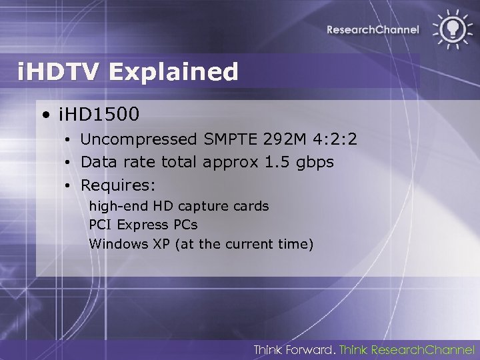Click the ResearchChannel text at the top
click(x=373, y=29)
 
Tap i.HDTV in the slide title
click(x=61, y=71)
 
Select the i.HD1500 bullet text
click(x=99, y=115)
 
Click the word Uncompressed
click(x=138, y=139)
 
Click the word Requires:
click(x=118, y=183)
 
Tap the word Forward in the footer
click(x=312, y=349)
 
